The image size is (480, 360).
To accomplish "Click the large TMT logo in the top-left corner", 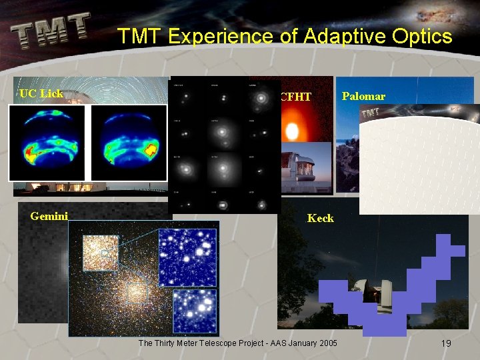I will click(x=51, y=31).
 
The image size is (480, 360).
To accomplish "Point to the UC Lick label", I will click(x=41, y=93).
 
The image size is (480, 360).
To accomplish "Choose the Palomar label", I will click(x=363, y=97).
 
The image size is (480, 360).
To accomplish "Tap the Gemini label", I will click(x=49, y=215).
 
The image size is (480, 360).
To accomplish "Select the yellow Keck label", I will click(x=320, y=218).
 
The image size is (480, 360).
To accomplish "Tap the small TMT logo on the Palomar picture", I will click(x=371, y=114).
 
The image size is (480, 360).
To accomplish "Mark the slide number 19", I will click(x=446, y=343).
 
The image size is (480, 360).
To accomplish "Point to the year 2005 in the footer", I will click(x=326, y=343).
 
